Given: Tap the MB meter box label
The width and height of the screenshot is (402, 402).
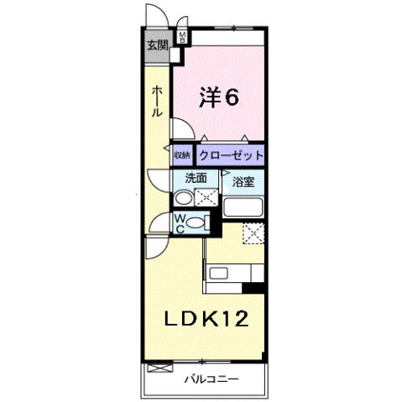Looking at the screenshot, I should pyautogui.click(x=181, y=38).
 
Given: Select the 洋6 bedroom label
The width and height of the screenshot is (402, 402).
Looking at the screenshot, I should pyautogui.click(x=220, y=97).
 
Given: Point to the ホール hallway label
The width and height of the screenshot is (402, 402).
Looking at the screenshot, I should pyautogui.click(x=157, y=102).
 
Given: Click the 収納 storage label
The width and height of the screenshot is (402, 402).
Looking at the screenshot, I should pyautogui.click(x=182, y=155).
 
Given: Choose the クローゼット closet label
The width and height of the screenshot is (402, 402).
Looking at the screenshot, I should pyautogui.click(x=231, y=155).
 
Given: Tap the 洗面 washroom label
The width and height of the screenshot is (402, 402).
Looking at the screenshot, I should pyautogui.click(x=196, y=178).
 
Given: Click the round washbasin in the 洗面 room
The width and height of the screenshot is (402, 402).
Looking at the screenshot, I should pyautogui.click(x=183, y=199).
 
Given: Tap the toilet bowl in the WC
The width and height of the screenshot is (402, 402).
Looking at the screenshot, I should pyautogui.click(x=196, y=222).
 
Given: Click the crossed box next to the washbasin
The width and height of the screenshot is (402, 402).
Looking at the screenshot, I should pyautogui.click(x=206, y=198).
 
